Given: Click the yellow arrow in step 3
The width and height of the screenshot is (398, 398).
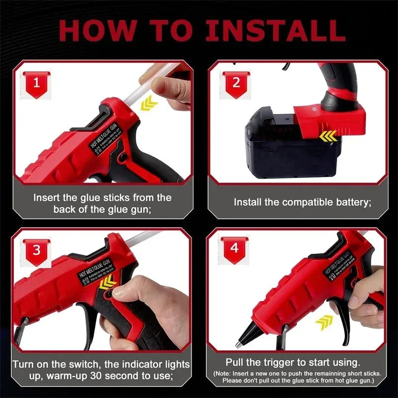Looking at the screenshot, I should tap(107, 284).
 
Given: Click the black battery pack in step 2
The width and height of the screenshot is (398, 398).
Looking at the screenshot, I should tap(279, 149).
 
